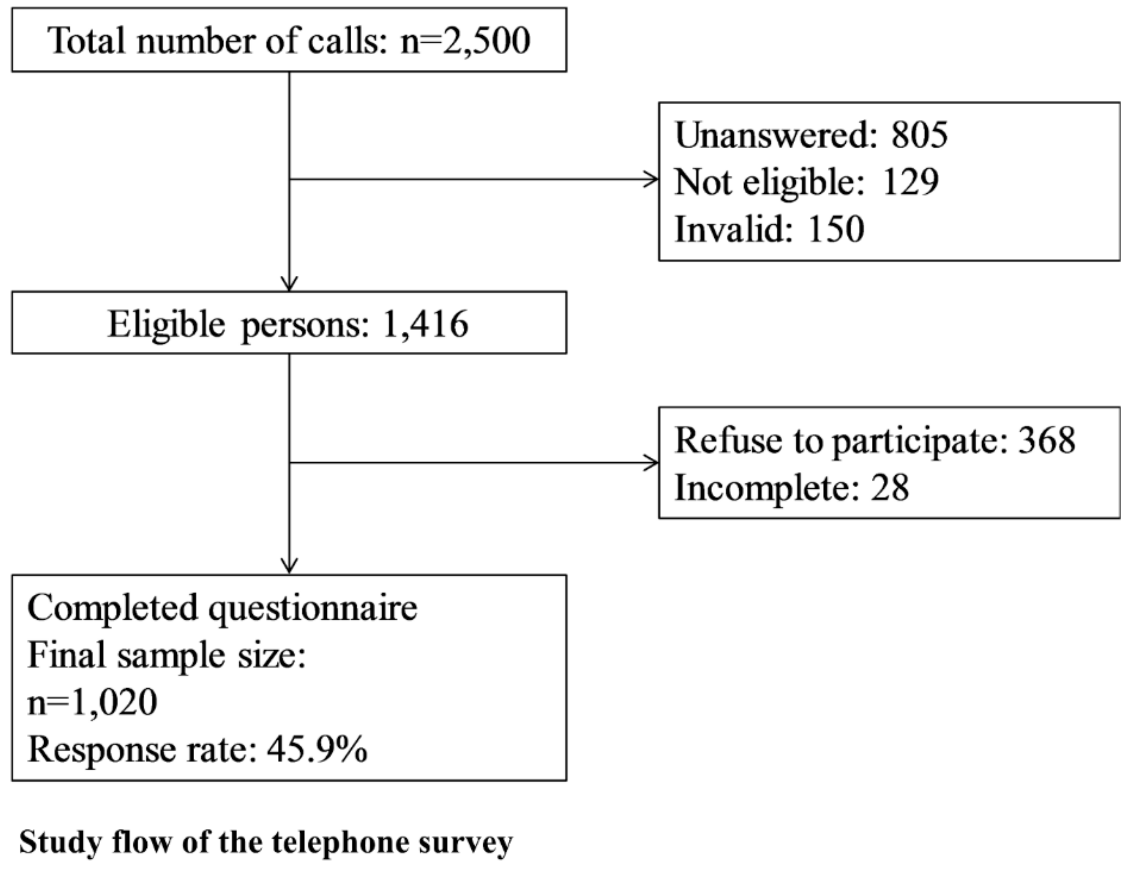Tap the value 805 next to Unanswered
920,136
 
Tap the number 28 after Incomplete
889,488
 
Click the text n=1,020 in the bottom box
92,702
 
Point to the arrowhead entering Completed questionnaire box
289,566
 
